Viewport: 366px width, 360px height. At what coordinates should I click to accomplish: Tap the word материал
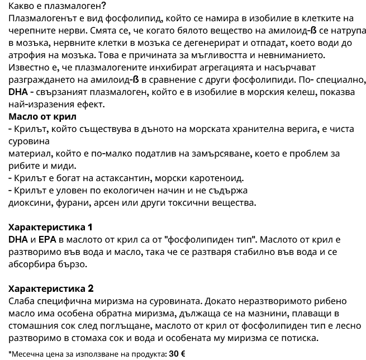[30, 153]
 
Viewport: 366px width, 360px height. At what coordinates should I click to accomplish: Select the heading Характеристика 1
[51, 228]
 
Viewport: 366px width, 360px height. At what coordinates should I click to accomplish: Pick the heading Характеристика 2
[51, 288]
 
